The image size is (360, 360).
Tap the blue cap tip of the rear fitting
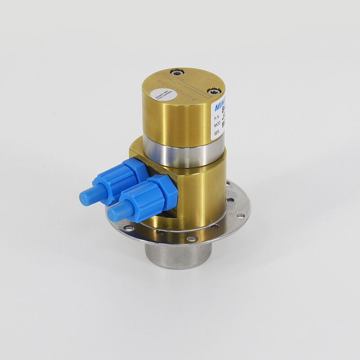(x=86, y=196)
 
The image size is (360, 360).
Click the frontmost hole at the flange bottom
(x=192, y=239)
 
